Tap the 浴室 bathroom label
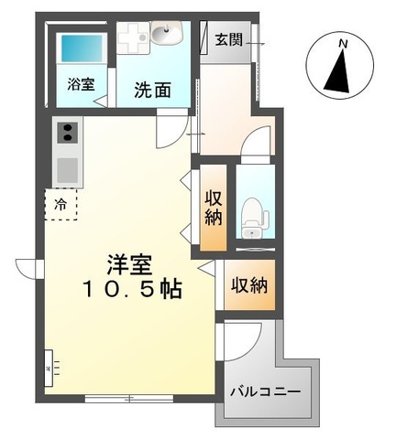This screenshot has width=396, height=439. point(80,83)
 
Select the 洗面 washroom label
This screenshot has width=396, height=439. point(150,91)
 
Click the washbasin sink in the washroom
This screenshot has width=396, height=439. point(166,37)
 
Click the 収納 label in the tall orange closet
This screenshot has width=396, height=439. point(214,207)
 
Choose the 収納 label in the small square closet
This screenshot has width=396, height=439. point(249,286)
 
